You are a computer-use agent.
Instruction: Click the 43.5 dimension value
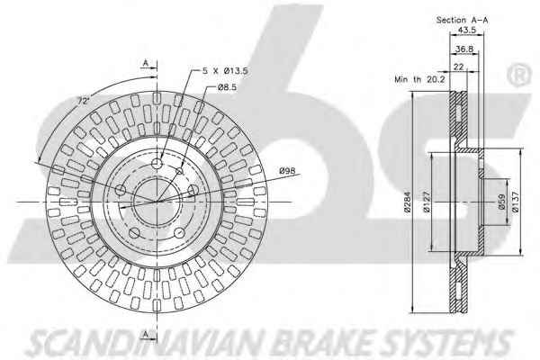466,30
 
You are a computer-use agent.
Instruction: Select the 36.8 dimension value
464,49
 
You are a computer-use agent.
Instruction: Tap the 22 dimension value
459,67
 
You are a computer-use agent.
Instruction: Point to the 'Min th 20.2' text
419,79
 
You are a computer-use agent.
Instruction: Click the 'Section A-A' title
463,20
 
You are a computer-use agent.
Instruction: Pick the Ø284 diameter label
408,202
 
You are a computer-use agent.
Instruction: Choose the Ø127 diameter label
426,202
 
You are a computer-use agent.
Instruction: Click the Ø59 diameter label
501,202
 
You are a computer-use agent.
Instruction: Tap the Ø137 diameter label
515,202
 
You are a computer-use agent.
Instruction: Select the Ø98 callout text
287,170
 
